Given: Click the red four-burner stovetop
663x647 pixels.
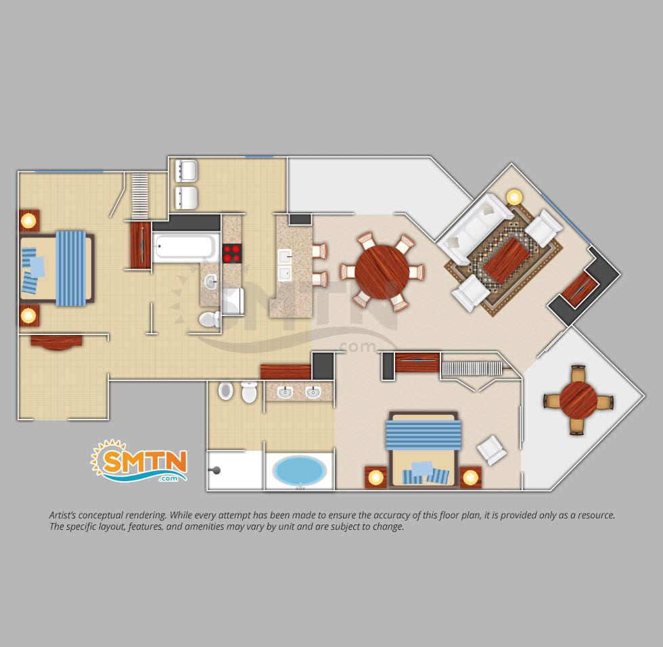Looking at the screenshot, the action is pyautogui.click(x=231, y=253).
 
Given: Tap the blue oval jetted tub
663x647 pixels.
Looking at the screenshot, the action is pyautogui.click(x=299, y=470).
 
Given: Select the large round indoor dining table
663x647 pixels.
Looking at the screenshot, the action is pyautogui.click(x=382, y=272).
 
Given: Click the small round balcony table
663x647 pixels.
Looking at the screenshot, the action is pyautogui.click(x=578, y=399).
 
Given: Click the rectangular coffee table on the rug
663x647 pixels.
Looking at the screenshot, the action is pyautogui.click(x=507, y=261).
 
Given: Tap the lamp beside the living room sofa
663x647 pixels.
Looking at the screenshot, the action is pyautogui.click(x=514, y=197).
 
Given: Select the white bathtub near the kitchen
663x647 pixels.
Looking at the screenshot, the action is pyautogui.click(x=185, y=246).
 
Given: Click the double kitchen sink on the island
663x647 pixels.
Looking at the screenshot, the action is pyautogui.click(x=285, y=265).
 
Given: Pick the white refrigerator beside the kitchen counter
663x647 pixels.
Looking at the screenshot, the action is pyautogui.click(x=233, y=301).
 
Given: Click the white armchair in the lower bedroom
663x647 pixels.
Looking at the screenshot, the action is pyautogui.click(x=491, y=450).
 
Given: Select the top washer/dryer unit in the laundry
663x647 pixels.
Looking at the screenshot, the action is pyautogui.click(x=186, y=171).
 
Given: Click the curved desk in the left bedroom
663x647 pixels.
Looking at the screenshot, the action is pyautogui.click(x=56, y=342).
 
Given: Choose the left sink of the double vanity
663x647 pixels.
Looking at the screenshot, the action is pyautogui.click(x=285, y=392).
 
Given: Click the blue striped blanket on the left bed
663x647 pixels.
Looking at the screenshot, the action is pyautogui.click(x=71, y=268).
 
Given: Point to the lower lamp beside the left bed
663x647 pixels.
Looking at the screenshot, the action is pyautogui.click(x=28, y=315).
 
